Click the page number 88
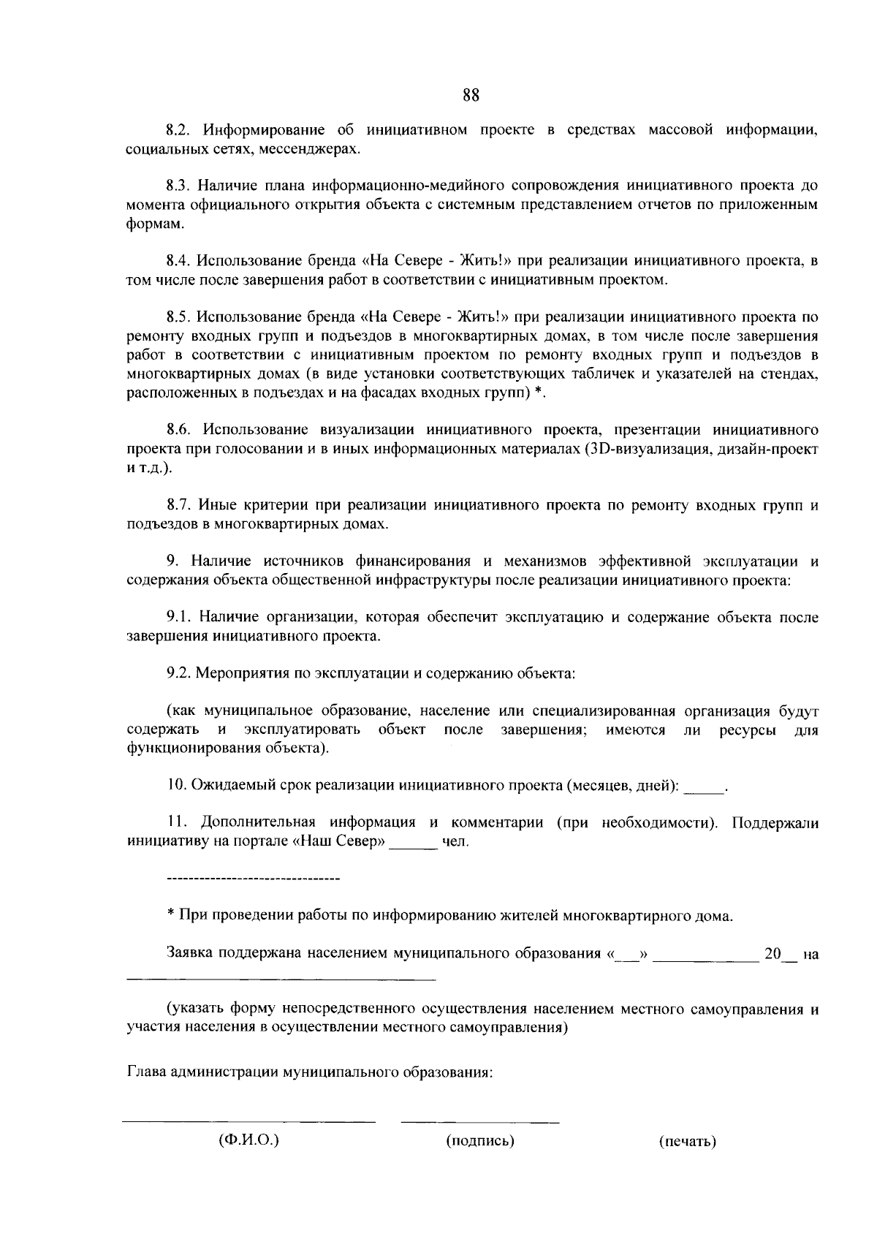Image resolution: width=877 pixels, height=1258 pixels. pos(471,94)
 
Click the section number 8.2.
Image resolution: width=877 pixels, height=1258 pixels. pos(178,131)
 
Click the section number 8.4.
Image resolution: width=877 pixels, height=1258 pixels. pos(178,261)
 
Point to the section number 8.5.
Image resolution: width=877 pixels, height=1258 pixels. pos(178,317)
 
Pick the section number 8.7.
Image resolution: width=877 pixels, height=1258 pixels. pos(178,505)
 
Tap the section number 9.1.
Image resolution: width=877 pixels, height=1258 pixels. pos(178,618)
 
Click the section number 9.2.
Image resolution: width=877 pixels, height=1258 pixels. pos(178,673)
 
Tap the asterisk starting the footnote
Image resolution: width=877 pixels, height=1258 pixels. pos(170,914)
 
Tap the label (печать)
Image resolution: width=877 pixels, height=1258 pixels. pos(687,1142)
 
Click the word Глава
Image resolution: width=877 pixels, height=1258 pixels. pos(147,1073)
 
